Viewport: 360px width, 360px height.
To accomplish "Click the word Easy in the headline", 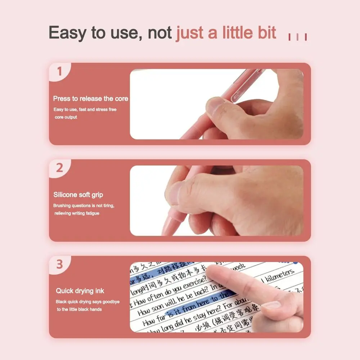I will point(67,33).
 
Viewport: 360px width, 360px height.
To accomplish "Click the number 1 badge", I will point(60,71).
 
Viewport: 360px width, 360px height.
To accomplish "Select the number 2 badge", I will point(60,168).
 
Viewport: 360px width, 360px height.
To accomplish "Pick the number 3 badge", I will point(60,264).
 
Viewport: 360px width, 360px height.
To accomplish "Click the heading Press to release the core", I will point(90,99).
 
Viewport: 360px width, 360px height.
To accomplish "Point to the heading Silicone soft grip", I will point(78,195).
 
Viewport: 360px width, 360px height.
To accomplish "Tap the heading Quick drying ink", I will point(80,291).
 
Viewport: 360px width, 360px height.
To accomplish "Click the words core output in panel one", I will point(66,117).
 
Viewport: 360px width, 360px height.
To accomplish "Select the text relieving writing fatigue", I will point(77,213).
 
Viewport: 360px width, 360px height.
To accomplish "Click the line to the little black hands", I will point(79,310).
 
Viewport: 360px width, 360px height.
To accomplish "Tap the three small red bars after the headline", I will point(297,37).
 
